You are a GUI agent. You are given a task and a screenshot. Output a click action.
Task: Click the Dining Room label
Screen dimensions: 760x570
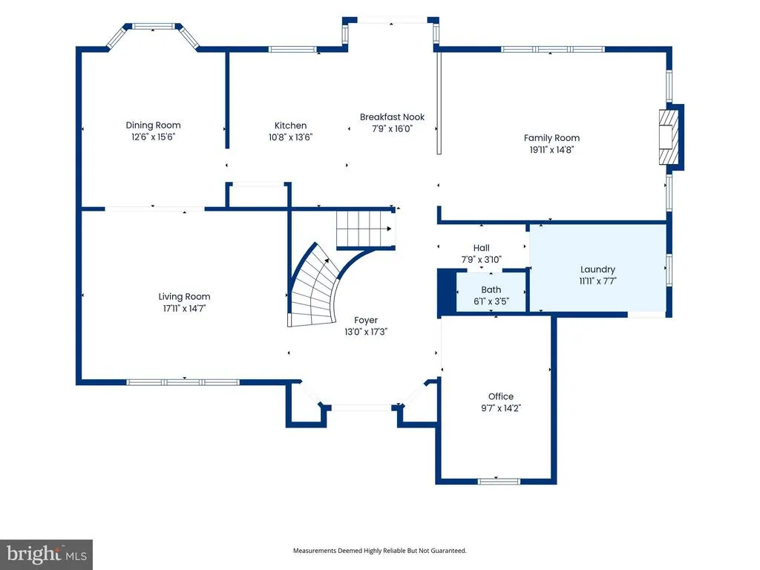(153, 125)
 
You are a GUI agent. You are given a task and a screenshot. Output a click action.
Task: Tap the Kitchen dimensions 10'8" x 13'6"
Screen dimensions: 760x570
(290, 137)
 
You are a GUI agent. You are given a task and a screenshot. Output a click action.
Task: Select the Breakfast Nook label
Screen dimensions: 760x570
(392, 117)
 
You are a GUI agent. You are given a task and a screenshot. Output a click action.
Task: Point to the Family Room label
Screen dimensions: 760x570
(551, 138)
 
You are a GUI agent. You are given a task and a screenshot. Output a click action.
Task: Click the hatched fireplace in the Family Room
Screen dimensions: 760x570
(669, 137)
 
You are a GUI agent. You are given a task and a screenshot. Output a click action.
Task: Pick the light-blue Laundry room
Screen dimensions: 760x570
(597, 268)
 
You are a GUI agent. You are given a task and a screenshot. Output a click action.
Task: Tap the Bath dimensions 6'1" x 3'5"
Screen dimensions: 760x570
(491, 301)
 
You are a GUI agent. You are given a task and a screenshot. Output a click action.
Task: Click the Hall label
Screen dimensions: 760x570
(481, 248)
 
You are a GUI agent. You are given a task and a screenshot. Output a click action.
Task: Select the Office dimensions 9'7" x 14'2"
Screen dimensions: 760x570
(501, 408)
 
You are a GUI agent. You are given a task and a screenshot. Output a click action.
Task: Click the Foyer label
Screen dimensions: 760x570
(366, 320)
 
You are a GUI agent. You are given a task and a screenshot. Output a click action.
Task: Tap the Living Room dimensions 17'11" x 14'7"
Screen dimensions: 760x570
(184, 308)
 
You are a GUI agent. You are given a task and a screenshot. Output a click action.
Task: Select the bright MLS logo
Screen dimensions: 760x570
(47, 554)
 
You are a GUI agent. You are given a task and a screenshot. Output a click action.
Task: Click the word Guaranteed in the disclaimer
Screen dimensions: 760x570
(446, 551)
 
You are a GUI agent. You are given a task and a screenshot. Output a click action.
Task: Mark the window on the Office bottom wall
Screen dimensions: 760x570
(499, 481)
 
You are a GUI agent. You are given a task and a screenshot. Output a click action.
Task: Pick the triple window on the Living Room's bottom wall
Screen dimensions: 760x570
(183, 382)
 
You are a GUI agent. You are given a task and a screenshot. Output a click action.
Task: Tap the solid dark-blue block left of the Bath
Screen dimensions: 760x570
(447, 292)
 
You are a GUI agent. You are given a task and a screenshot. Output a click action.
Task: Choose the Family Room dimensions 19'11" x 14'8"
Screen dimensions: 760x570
(551, 150)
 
